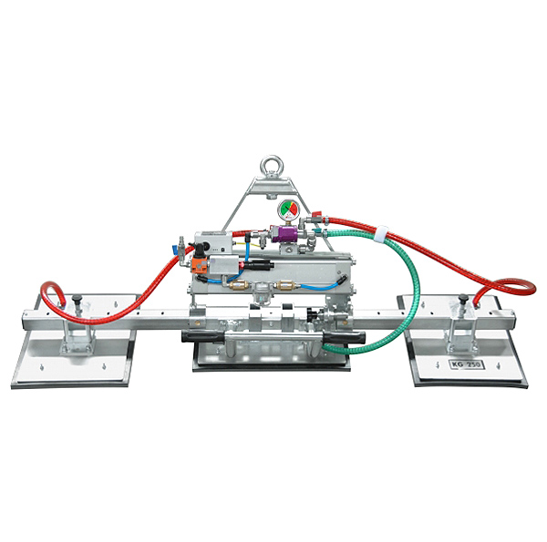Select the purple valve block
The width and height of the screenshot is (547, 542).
coord(292,238)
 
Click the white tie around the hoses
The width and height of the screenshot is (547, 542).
coord(380,235)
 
